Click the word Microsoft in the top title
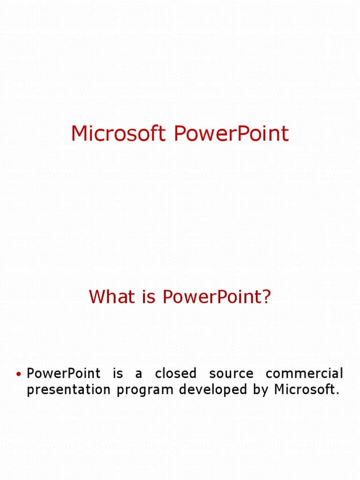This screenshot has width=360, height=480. point(118,134)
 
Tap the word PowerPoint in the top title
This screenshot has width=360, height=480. point(231,134)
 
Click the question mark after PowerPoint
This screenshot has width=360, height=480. point(267,297)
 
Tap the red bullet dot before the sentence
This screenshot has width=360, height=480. point(19,374)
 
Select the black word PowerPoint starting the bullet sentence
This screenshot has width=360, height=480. point(63,374)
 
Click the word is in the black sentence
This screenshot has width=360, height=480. point(118,374)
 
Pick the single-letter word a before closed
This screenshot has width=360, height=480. point(139,375)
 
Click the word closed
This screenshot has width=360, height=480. point(175,374)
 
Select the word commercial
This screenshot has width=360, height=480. point(304,374)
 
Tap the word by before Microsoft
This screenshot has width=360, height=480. point(261,390)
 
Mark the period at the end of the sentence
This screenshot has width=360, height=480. point(337,394)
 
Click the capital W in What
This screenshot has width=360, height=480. point(97,297)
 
